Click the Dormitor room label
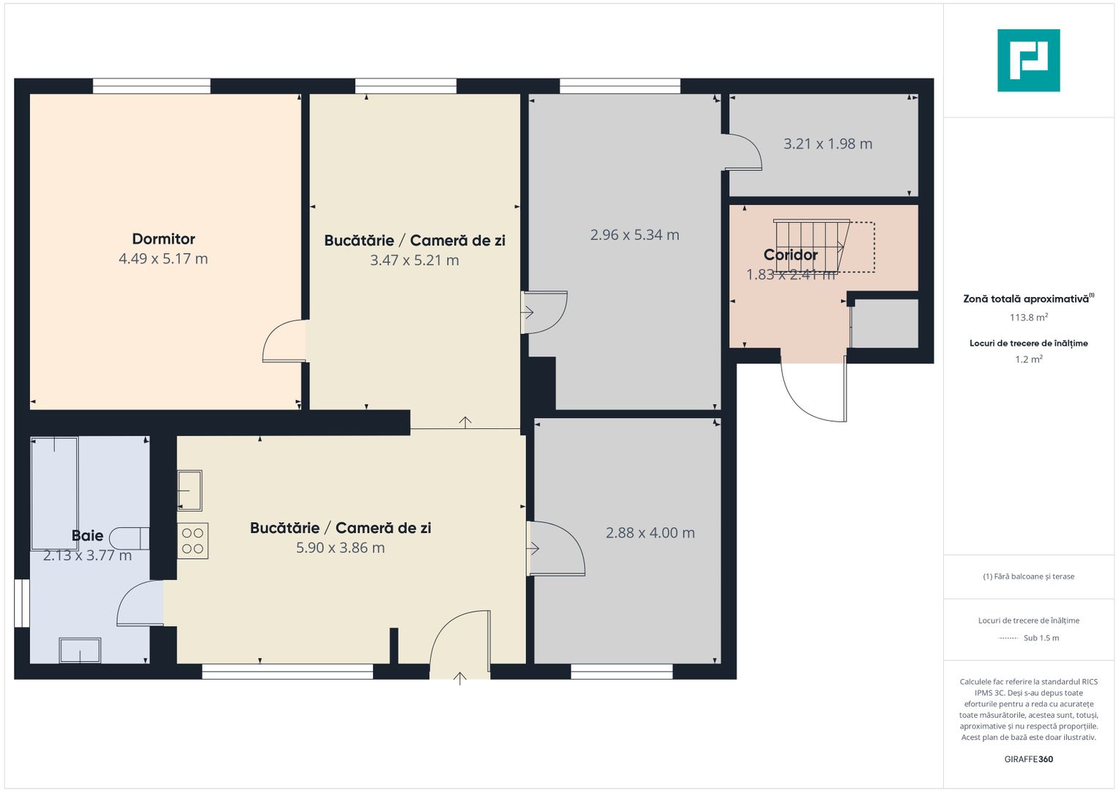click(163, 238)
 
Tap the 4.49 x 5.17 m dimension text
click(163, 258)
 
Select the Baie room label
click(87, 535)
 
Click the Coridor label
click(790, 254)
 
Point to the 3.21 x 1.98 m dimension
click(828, 144)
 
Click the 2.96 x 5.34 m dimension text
click(635, 235)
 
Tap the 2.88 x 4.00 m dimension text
click(650, 532)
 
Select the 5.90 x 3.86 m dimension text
click(340, 548)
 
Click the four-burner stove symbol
click(192, 541)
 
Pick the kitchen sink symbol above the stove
click(190, 491)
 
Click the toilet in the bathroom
click(129, 538)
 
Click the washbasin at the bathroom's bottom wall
click(80, 650)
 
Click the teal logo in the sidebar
click(1029, 60)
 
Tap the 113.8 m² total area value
click(1029, 317)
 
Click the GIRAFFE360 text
click(1029, 759)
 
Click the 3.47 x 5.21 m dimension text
click(414, 260)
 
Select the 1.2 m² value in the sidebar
click(1029, 359)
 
